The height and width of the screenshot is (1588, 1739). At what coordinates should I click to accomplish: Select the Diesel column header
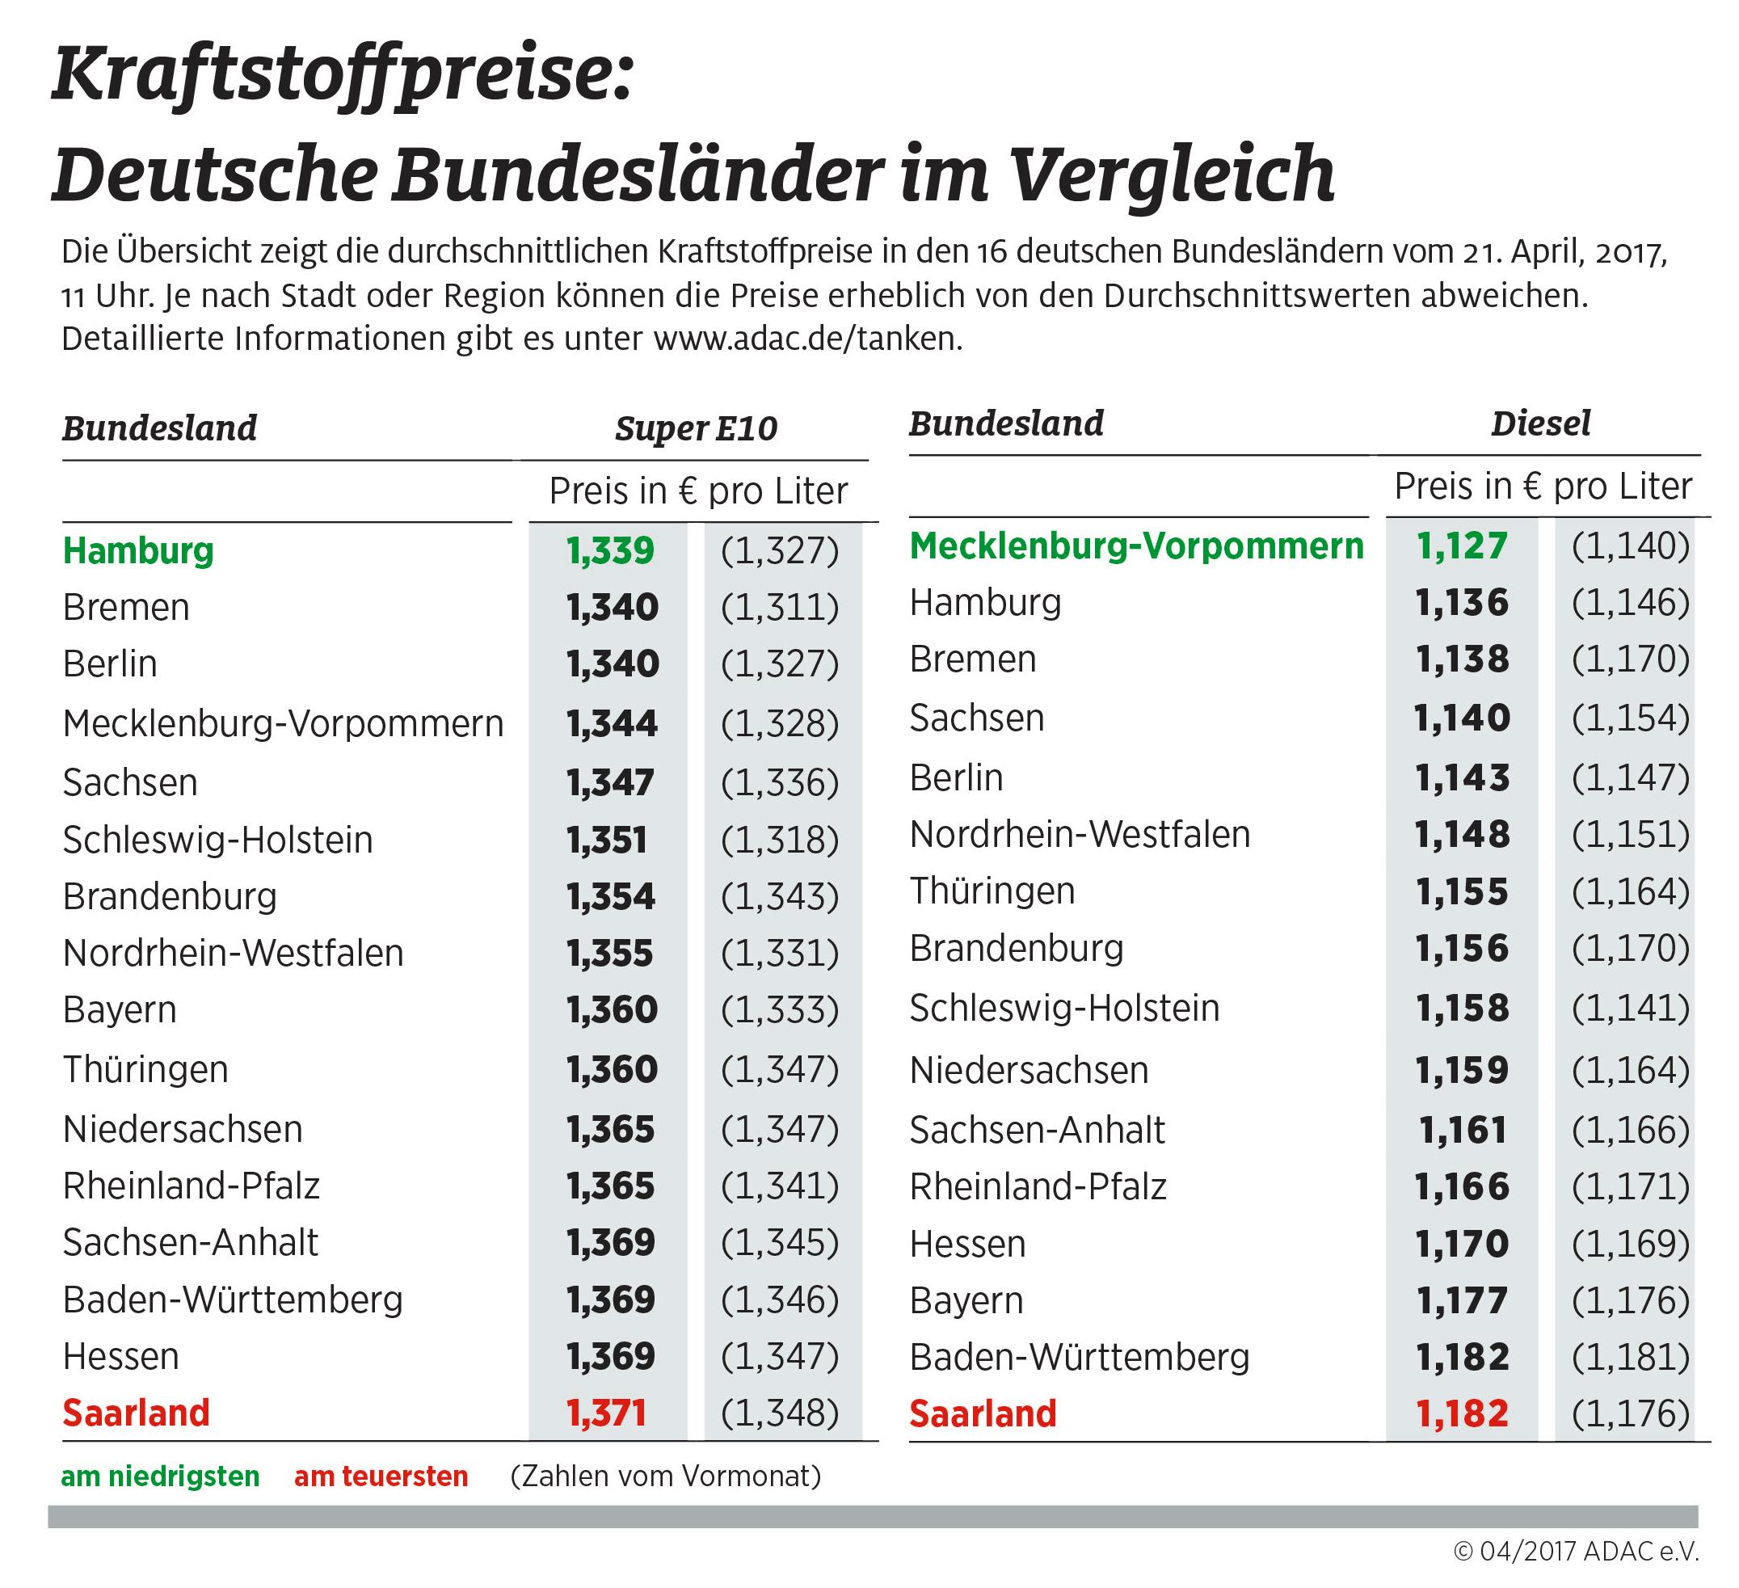[1540, 423]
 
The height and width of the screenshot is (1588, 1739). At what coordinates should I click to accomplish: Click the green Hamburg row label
[138, 551]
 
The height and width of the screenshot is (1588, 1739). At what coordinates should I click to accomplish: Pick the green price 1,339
[610, 551]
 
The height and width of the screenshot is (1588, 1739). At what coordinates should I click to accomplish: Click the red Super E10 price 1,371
[606, 1413]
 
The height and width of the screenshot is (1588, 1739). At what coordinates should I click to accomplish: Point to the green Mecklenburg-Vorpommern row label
[1136, 546]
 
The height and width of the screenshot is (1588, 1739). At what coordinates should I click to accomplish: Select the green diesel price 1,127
[1461, 546]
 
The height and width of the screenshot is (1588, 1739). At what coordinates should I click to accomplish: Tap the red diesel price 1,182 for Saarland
[1462, 1413]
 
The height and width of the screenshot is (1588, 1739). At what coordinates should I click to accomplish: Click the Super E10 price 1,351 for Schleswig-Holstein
[606, 840]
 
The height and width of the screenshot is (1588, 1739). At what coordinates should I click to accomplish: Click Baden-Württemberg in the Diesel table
[1079, 1358]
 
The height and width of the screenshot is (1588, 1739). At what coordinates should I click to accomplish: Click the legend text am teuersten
[381, 1476]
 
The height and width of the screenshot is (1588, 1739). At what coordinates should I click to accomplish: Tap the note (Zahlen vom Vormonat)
[666, 1476]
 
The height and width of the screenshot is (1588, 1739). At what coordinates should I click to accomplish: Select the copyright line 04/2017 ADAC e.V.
[1576, 1552]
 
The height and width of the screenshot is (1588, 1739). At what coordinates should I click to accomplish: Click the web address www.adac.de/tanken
[807, 339]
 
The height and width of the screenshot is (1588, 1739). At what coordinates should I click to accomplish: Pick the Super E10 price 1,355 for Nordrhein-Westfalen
[610, 954]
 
